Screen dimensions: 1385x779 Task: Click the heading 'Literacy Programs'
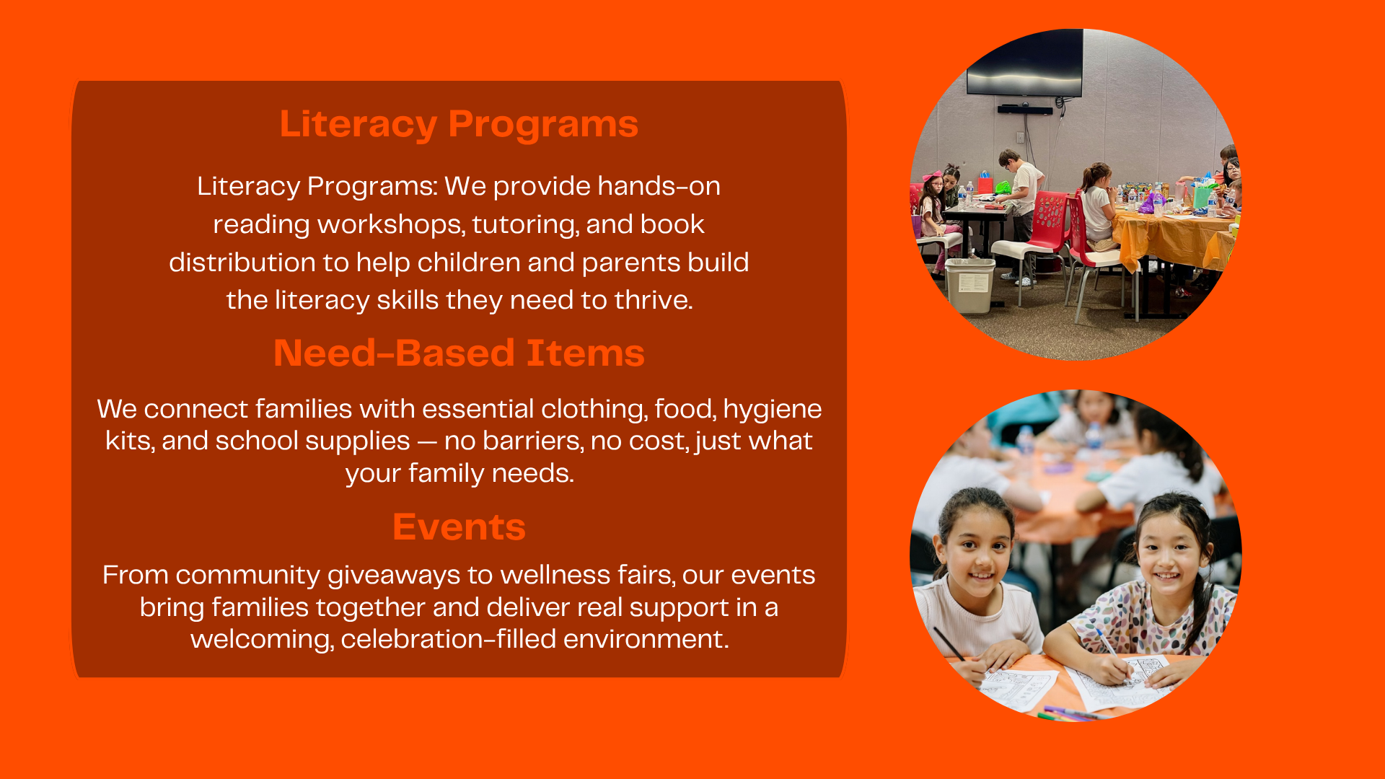459,124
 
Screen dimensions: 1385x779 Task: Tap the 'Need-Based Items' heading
459,353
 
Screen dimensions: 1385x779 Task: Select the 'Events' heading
459,527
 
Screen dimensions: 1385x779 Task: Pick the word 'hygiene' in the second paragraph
772,410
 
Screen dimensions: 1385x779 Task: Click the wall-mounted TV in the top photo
1024,63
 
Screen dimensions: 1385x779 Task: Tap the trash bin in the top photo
970,285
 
